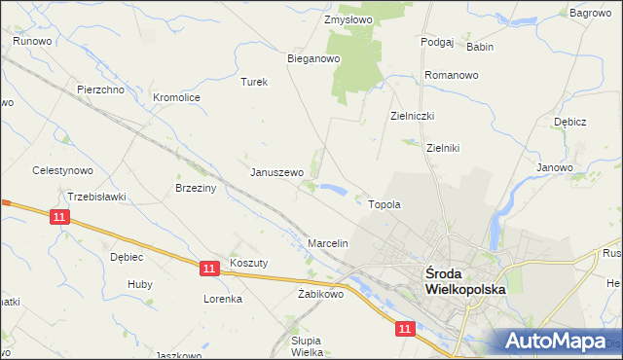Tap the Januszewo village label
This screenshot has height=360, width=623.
(277, 172)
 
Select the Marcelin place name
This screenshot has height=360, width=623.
(328, 242)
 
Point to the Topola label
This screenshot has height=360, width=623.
(385, 205)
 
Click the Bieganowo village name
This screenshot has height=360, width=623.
(312, 58)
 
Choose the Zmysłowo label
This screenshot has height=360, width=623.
(348, 18)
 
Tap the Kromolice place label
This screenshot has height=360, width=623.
(176, 97)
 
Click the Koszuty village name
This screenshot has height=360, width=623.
(248, 263)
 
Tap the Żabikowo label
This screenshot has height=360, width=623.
(321, 293)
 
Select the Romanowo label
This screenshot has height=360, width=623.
(452, 75)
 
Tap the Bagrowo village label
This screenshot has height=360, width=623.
(590, 13)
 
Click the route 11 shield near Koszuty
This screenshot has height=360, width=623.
(209, 267)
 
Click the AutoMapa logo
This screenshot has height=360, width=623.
(554, 341)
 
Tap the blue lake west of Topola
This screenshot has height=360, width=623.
(333, 189)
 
